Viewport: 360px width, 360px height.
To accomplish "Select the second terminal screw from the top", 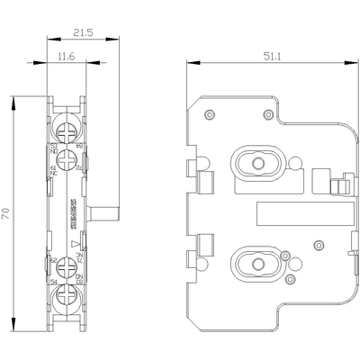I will pos(63,155).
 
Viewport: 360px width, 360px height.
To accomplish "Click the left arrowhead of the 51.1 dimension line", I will pos(190,62).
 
